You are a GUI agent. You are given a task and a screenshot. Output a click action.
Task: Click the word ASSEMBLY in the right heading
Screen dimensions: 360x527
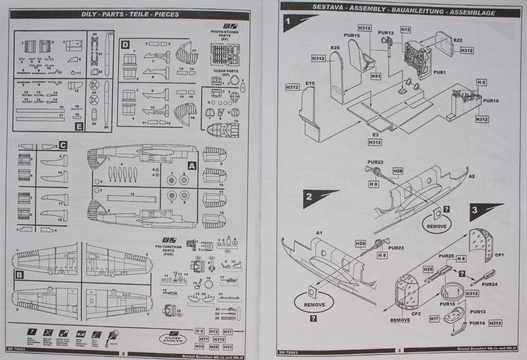tap(366, 12)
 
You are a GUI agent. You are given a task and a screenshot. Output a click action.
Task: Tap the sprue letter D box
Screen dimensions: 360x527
tap(125, 44)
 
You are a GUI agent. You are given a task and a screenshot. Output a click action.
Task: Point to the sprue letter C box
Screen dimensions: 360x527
tap(63, 145)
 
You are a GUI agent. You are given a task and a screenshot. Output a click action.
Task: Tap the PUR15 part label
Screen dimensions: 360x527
tap(352, 36)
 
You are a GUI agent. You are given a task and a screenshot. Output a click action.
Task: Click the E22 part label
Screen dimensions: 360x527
tap(458, 40)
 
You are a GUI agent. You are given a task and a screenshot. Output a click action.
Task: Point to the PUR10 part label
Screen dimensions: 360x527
tap(491, 100)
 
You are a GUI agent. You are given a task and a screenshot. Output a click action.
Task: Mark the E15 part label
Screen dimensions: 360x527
tap(310, 83)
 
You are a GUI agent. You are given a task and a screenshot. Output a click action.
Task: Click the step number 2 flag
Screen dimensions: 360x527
tap(313, 198)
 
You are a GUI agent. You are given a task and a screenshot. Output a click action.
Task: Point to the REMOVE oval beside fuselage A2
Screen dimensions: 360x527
tap(437, 226)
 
